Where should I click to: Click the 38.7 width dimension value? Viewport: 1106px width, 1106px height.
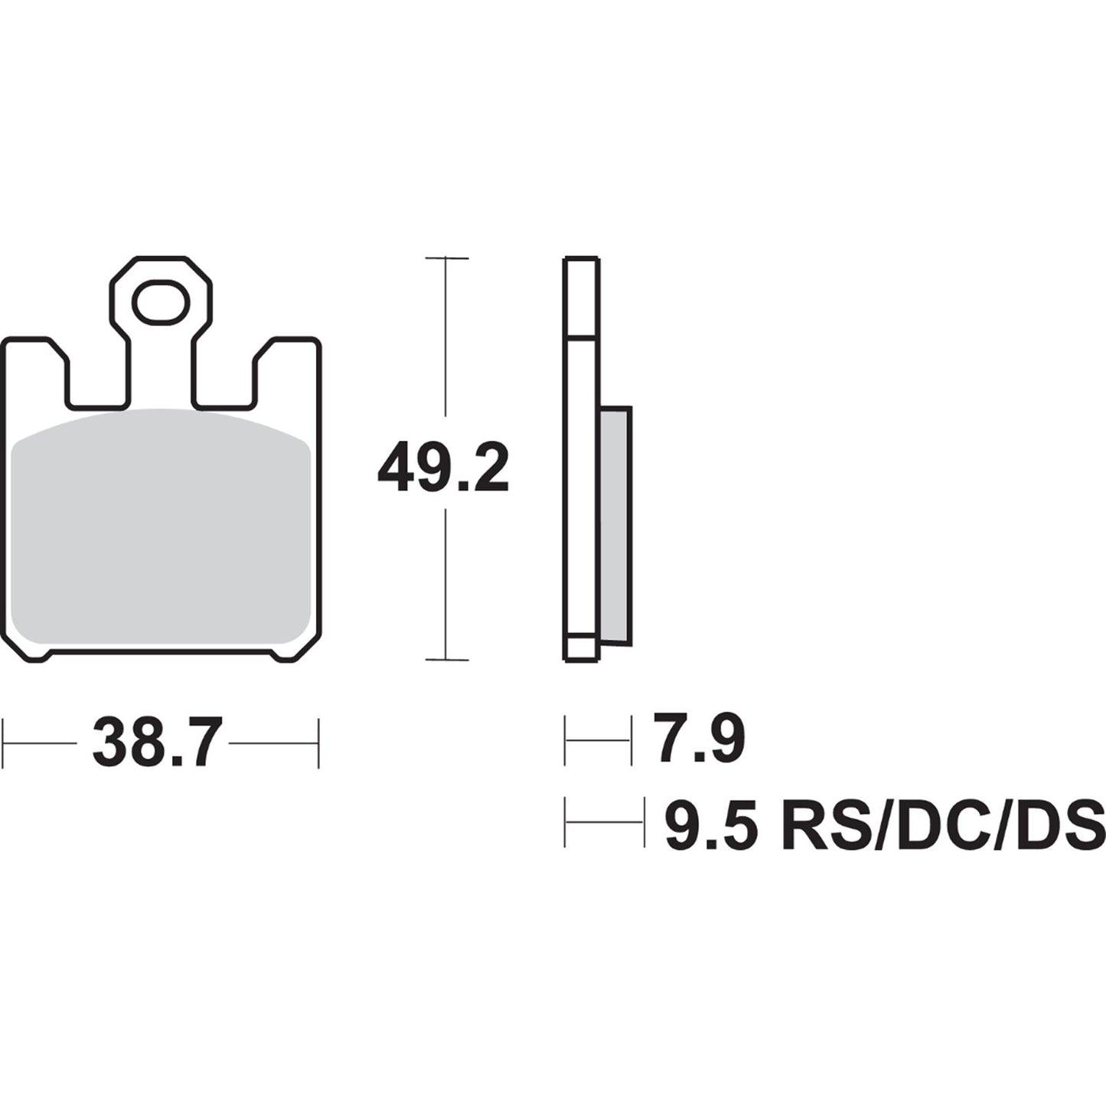pos(157,742)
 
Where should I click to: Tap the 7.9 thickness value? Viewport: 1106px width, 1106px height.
pos(698,739)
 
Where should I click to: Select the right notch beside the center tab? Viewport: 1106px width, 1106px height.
pos(223,379)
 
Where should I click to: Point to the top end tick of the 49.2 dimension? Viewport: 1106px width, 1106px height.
pos(446,259)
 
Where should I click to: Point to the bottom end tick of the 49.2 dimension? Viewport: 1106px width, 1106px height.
pos(446,659)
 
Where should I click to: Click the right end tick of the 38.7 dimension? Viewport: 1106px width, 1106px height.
pos(318,742)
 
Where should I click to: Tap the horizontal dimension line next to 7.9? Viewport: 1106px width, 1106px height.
pos(598,740)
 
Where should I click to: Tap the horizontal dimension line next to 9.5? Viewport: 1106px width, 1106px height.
pos(604,823)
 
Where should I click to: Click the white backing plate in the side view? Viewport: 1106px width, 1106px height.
pos(581,498)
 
